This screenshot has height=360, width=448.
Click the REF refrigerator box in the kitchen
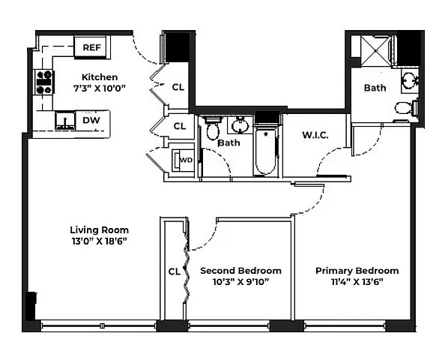coord(91,47)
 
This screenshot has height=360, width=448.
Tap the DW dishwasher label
coord(91,120)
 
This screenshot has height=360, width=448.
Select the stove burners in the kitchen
coord(44,81)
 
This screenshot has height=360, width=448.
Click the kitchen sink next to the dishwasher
coord(66,120)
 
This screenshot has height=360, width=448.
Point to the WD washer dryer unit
coord(184,160)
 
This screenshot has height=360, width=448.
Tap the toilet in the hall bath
coord(213,130)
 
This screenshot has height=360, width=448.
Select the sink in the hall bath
coord(240,124)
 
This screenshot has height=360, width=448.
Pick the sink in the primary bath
coord(410,79)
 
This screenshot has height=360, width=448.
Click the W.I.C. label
coord(315,136)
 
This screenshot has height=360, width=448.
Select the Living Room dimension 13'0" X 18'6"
coord(99,241)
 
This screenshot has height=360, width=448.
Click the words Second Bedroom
coord(240,271)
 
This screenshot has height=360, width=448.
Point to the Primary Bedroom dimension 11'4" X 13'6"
coord(357,282)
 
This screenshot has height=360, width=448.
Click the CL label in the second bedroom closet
coord(174,271)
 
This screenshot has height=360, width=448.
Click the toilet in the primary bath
coord(405,107)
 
